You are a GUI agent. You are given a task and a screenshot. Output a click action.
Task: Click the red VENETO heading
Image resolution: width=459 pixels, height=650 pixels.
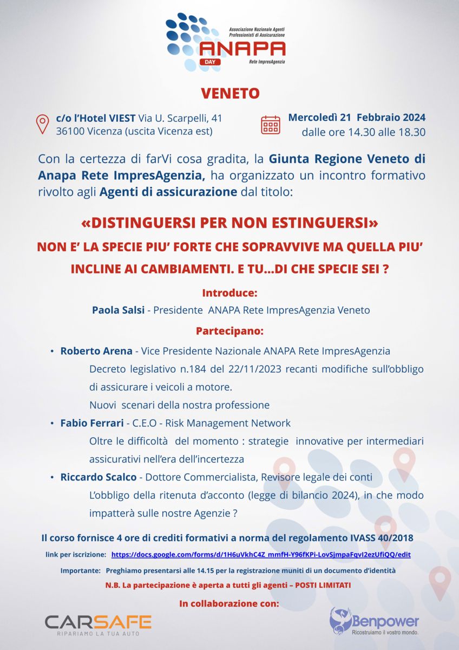[230, 93]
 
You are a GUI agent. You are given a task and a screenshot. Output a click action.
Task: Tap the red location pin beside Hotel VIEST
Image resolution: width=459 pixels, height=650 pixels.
[42, 124]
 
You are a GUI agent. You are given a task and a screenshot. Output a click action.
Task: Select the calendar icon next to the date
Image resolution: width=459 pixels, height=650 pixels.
[271, 124]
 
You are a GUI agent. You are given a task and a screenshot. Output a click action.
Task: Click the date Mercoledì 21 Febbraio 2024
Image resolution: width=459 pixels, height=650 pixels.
[357, 117]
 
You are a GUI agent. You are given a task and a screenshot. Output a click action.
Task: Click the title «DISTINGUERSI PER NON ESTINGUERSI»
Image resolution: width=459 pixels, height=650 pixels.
[229, 223]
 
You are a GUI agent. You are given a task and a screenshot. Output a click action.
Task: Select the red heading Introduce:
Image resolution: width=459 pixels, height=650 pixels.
[229, 293]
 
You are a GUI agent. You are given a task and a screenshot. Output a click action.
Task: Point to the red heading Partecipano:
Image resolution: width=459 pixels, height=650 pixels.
[229, 330]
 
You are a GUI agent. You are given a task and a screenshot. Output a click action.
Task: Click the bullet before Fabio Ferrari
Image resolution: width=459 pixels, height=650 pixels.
[52, 423]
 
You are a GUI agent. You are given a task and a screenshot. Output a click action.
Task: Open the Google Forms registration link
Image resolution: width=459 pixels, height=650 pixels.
[261, 555]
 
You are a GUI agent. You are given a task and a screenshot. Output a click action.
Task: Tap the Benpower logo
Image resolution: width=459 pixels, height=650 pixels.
[375, 622]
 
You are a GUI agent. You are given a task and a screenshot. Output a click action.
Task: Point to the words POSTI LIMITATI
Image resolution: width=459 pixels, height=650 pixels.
[323, 586]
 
